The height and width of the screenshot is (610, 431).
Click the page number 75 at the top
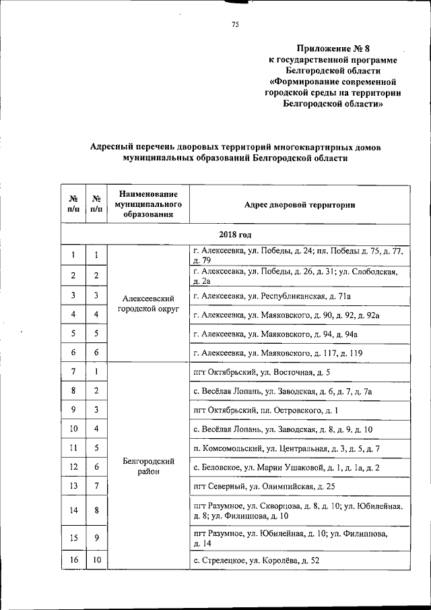point(235,24)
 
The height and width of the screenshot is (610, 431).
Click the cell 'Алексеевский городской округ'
point(148,303)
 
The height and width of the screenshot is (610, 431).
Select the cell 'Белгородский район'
point(148,466)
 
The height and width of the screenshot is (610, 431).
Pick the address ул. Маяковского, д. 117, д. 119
point(277,352)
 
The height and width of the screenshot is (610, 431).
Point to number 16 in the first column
point(73,560)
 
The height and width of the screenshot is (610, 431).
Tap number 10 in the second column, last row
point(97,560)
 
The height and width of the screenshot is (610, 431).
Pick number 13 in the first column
point(73,486)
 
